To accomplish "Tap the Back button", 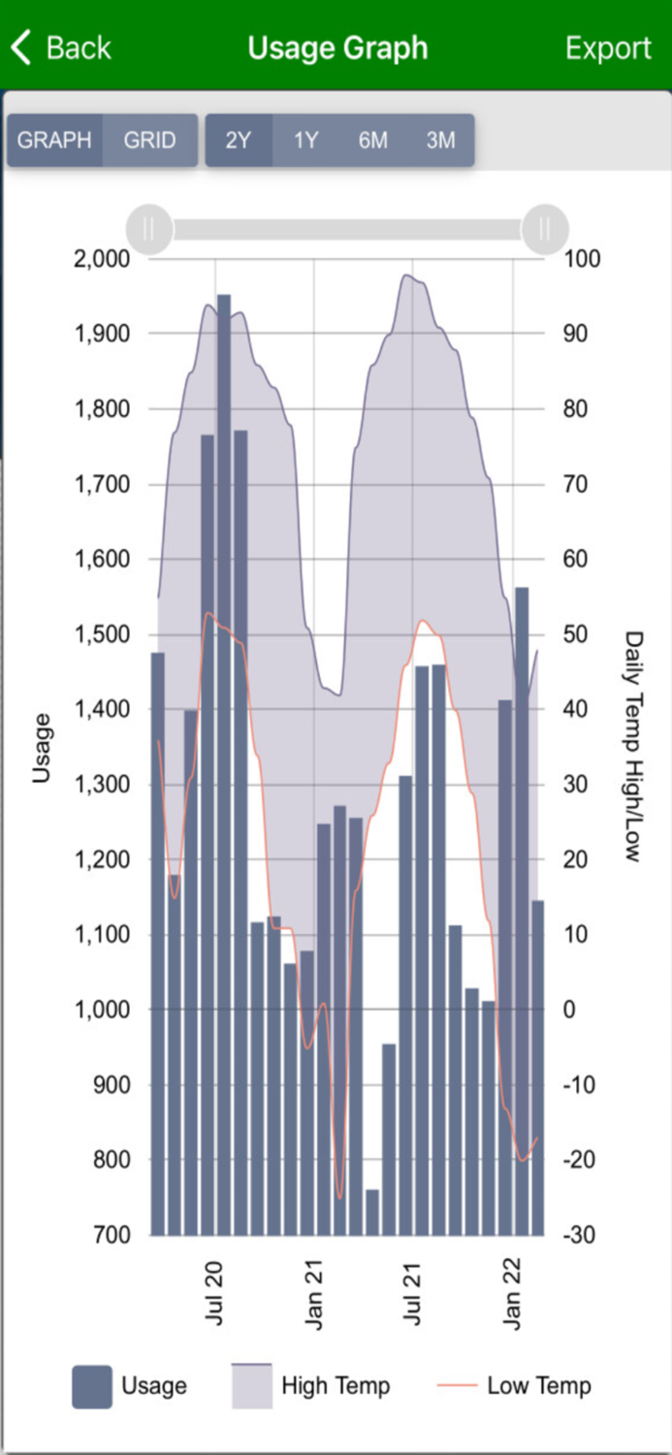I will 61,48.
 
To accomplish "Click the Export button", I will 608,48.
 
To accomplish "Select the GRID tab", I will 149,140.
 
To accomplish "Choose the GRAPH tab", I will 54,140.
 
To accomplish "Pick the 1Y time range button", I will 305,140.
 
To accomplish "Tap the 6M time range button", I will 373,140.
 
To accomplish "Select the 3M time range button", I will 440,140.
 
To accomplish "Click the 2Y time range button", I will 239,140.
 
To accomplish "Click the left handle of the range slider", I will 149,229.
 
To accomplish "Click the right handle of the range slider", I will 544,229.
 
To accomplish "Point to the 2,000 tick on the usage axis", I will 102,259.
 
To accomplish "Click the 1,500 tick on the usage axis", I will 102,634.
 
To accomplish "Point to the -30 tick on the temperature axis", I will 582,1235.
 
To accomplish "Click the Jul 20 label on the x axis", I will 214,1293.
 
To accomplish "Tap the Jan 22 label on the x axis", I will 511,1293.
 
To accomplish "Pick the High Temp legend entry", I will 311,1386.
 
